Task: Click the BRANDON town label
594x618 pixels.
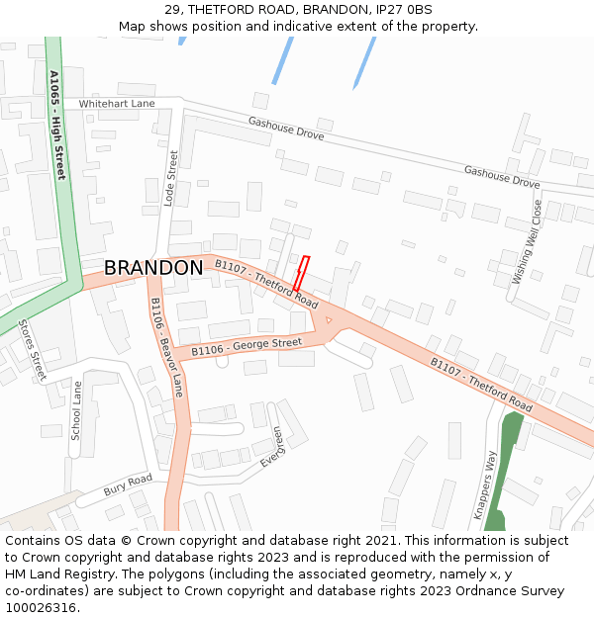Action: point(153,268)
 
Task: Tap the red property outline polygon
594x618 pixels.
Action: point(300,274)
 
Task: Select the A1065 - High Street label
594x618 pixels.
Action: point(56,125)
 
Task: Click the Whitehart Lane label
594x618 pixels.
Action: point(117,103)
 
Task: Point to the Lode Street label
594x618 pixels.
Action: point(170,178)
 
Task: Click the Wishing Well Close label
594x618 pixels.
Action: point(526,242)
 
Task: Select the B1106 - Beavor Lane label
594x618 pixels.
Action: point(166,341)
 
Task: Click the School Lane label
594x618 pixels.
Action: point(75,411)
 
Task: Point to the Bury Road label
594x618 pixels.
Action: point(128,486)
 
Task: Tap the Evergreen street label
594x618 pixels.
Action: point(271,447)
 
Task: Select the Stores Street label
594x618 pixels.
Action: point(33,349)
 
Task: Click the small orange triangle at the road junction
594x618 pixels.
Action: point(329,319)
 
